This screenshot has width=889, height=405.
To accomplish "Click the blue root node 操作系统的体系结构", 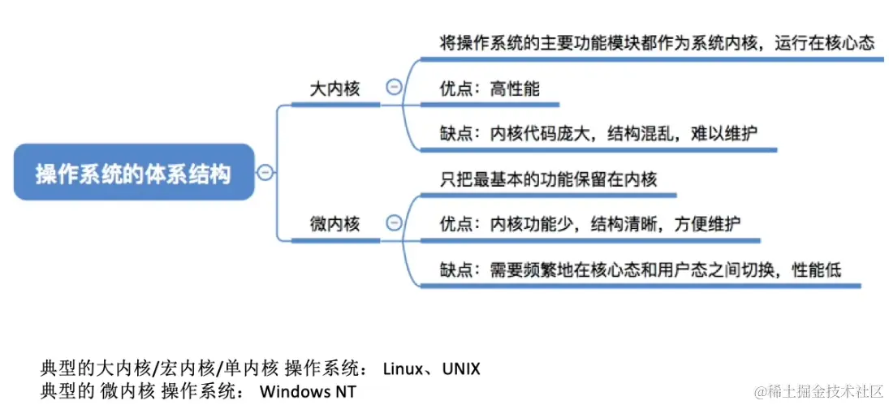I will tap(133, 173).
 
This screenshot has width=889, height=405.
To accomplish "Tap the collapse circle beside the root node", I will tap(265, 171).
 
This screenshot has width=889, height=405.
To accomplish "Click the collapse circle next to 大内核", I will tap(394, 88).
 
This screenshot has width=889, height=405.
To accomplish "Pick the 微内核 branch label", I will tap(334, 223).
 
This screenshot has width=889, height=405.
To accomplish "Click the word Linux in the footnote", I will tap(402, 369).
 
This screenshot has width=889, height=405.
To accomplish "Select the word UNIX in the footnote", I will tap(461, 369).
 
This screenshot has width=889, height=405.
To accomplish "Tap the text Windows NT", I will tap(308, 391).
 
